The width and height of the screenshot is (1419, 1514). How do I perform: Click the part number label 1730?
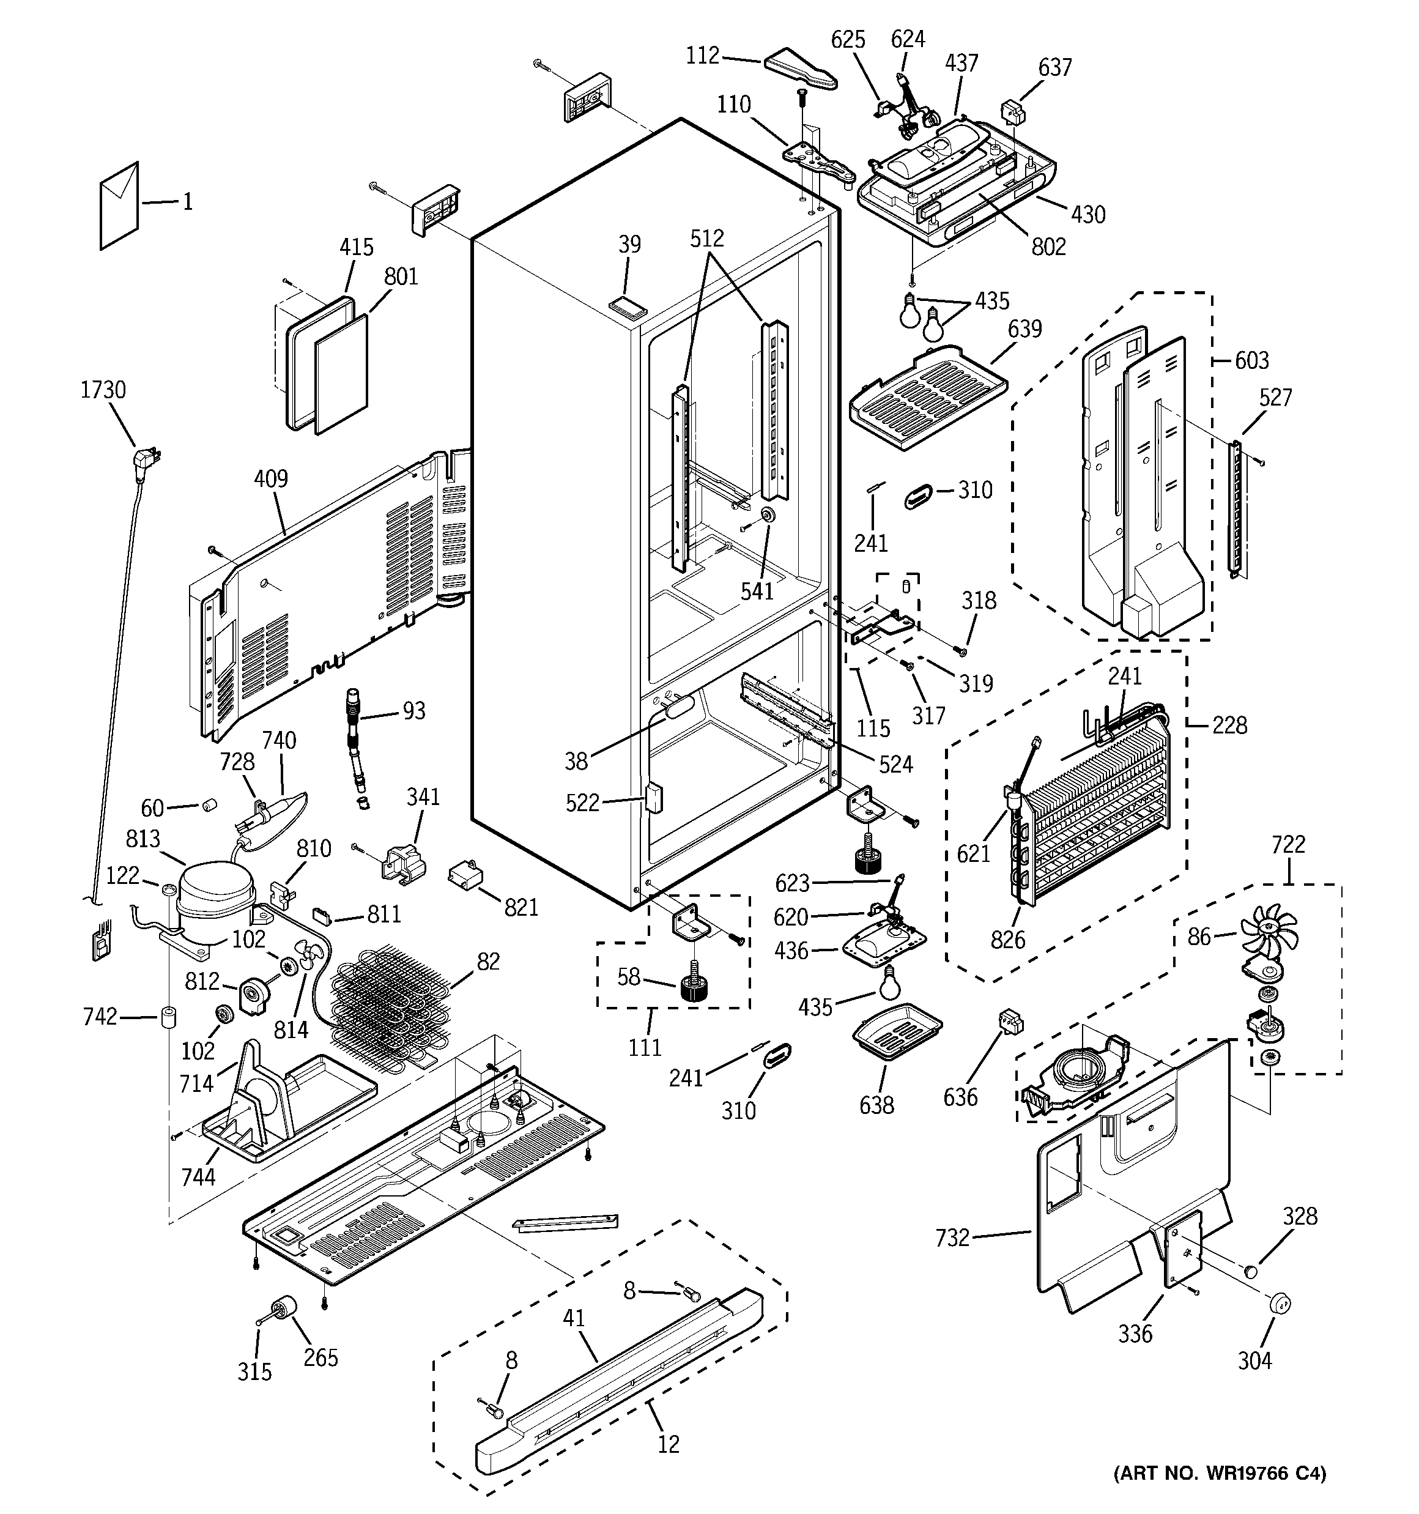[x=103, y=390]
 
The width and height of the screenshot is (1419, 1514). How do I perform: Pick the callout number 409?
[x=270, y=479]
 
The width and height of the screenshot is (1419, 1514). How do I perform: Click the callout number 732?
[x=952, y=1238]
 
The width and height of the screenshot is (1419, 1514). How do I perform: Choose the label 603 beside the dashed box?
[x=1251, y=360]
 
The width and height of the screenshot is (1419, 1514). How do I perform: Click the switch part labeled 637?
[x=1013, y=112]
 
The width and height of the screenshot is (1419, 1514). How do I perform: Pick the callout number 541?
[x=757, y=590]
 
